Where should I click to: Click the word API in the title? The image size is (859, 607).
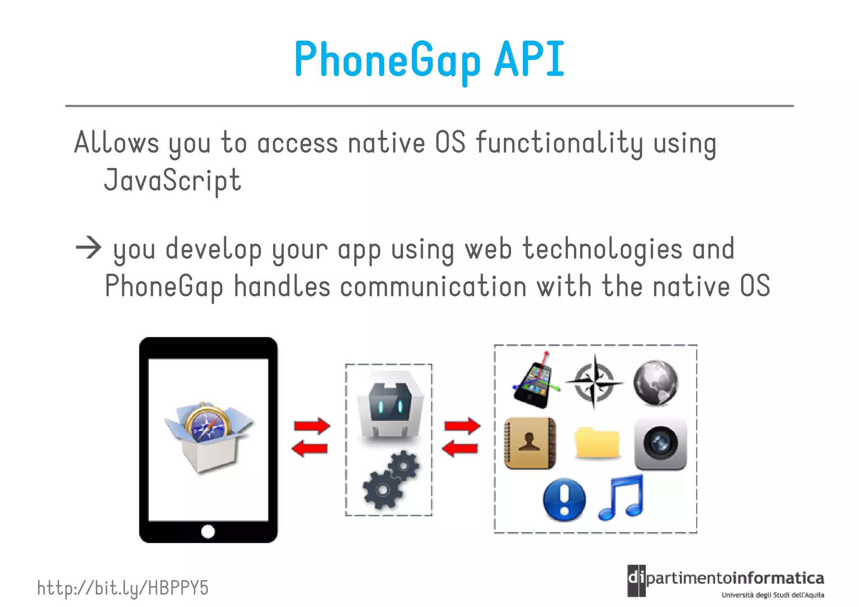529,60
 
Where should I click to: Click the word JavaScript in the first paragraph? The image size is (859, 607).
172,180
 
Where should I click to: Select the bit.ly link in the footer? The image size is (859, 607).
122,588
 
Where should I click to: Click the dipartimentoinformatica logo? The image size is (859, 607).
725,581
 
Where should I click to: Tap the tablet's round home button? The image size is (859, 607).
208,531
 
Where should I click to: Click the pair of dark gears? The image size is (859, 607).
391,479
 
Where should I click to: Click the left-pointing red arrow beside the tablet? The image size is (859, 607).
310,448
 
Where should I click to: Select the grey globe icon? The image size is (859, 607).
656,383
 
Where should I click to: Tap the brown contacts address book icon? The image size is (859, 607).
530,443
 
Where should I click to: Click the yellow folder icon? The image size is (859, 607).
596,443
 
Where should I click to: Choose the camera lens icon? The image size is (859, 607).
660,443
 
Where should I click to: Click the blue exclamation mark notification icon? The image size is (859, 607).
564,499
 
